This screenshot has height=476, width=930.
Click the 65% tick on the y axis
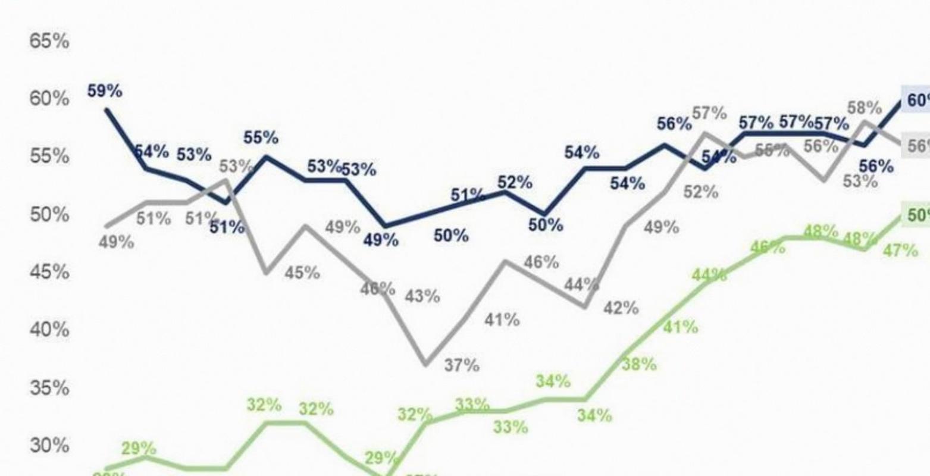(x=49, y=42)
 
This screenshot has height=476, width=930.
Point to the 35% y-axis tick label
(x=49, y=388)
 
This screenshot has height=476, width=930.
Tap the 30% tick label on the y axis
(x=49, y=445)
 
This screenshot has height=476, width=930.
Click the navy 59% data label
(x=105, y=91)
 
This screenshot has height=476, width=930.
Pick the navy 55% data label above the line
(x=261, y=137)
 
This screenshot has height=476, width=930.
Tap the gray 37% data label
(x=462, y=365)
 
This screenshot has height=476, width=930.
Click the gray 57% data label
(x=709, y=112)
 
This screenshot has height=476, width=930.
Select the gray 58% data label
(x=864, y=108)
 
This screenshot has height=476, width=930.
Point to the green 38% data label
(x=639, y=364)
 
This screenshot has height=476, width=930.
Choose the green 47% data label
(x=900, y=250)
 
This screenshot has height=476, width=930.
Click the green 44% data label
(x=709, y=275)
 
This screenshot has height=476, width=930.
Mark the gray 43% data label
(x=422, y=296)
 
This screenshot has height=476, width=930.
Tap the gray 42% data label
(x=621, y=308)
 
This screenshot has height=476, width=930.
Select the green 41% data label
(x=680, y=327)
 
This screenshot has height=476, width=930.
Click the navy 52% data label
(x=515, y=182)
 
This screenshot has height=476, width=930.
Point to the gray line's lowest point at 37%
(x=426, y=364)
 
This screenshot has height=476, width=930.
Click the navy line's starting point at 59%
(x=107, y=109)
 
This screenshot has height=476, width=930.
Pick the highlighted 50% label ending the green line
(x=918, y=215)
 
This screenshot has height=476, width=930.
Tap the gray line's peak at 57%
(x=704, y=133)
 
